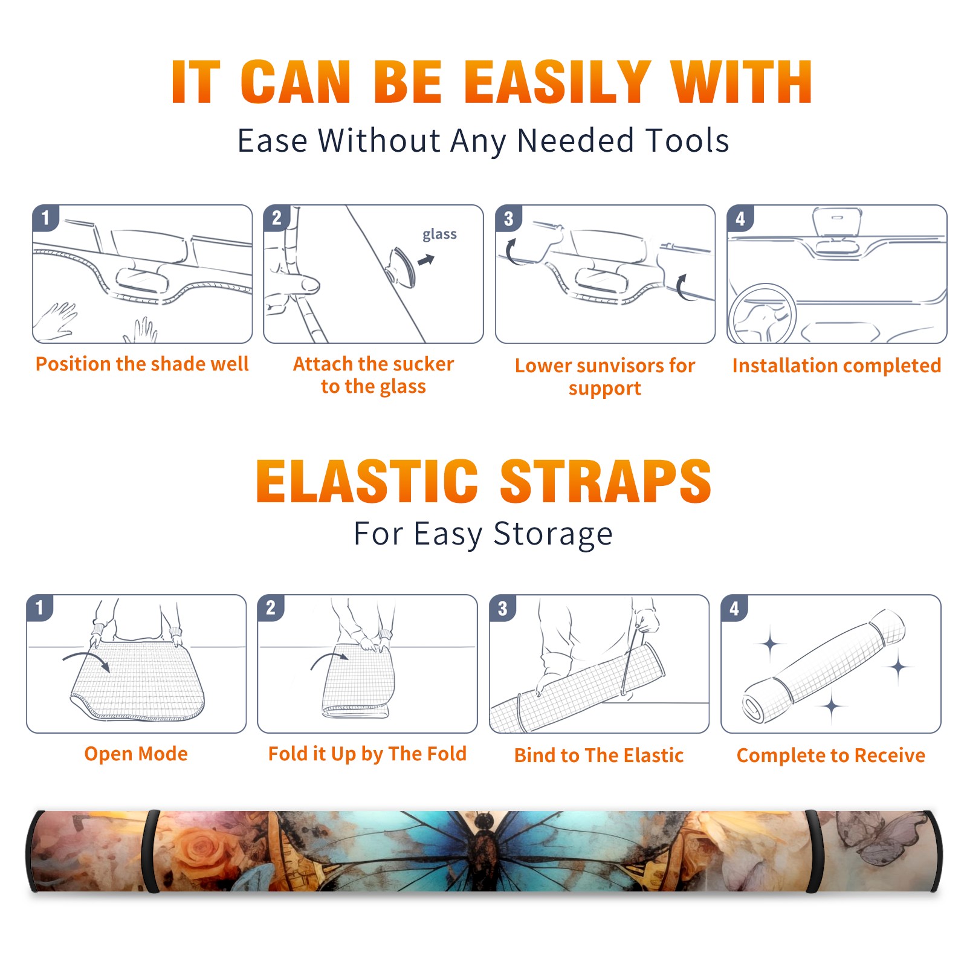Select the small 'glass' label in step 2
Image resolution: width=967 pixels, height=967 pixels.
(439, 234)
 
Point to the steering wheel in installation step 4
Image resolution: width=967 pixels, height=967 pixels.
(762, 314)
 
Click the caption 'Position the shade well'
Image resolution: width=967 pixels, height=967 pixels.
(142, 364)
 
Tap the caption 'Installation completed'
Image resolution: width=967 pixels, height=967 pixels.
(836, 365)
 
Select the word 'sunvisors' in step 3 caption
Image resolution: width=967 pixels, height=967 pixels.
(621, 365)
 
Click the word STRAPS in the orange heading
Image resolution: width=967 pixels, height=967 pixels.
(606, 481)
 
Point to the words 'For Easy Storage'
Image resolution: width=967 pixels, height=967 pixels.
(483, 534)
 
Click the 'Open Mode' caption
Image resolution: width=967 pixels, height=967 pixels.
(136, 754)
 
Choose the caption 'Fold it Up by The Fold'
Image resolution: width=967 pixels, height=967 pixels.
(367, 754)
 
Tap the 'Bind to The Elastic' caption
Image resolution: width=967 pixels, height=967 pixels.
(599, 755)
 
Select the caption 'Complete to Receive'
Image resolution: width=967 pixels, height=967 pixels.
(831, 755)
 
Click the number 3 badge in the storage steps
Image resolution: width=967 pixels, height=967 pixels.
(502, 608)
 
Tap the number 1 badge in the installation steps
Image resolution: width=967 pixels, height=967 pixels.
(45, 218)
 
